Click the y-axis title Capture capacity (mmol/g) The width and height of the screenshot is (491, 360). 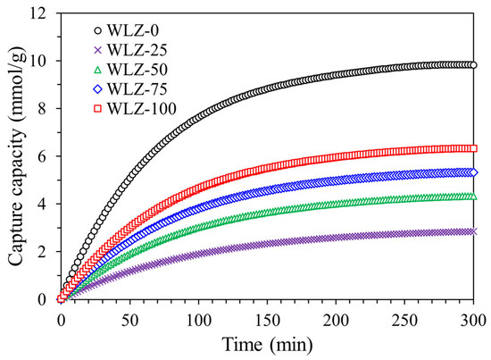coord(17,155)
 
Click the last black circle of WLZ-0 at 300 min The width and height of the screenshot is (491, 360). coord(473,65)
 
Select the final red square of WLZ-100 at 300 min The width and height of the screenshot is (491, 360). coord(473,148)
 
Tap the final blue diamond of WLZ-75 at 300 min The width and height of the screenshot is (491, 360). coord(473,172)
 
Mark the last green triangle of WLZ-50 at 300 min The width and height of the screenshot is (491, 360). coord(473,197)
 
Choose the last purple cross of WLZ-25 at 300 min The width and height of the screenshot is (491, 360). coord(473,230)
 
